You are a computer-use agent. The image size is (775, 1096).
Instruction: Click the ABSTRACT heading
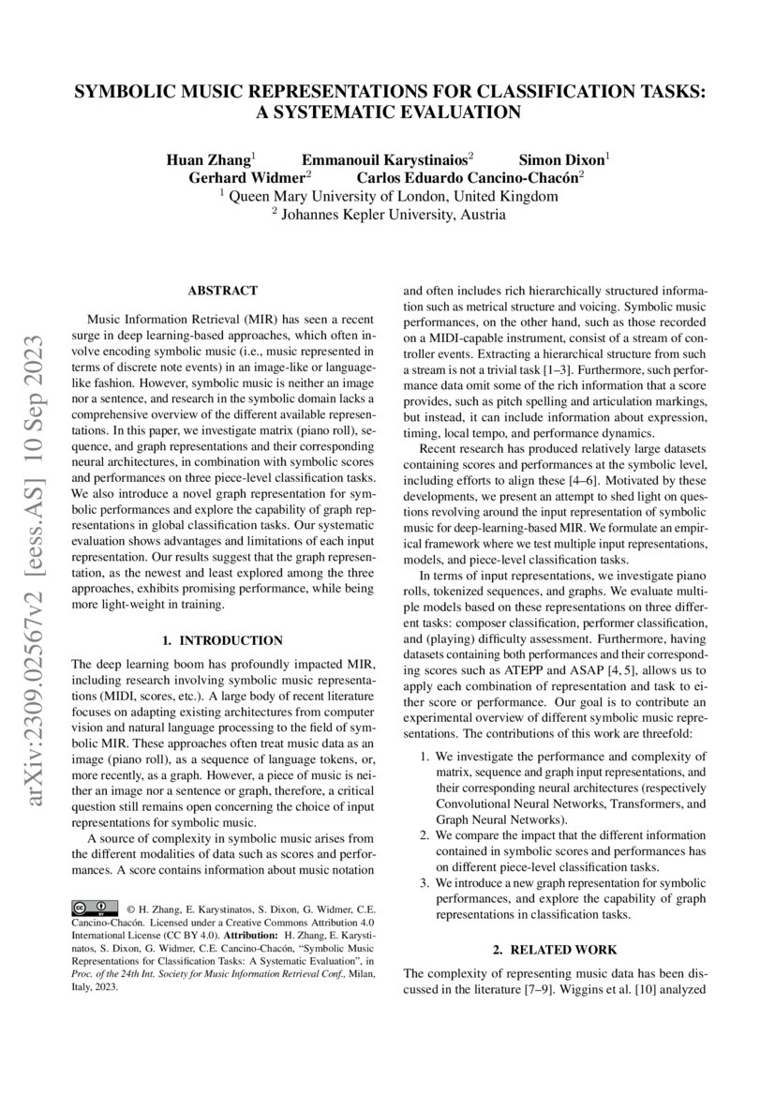tap(222, 292)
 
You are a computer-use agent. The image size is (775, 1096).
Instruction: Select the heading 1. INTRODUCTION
tap(222, 640)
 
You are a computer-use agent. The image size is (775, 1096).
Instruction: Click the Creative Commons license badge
tap(95, 908)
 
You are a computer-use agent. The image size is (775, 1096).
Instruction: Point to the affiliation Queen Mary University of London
tap(388, 196)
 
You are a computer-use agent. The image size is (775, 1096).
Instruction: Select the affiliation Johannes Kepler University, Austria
tap(388, 215)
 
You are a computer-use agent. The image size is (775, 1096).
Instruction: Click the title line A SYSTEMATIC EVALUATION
tap(388, 113)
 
